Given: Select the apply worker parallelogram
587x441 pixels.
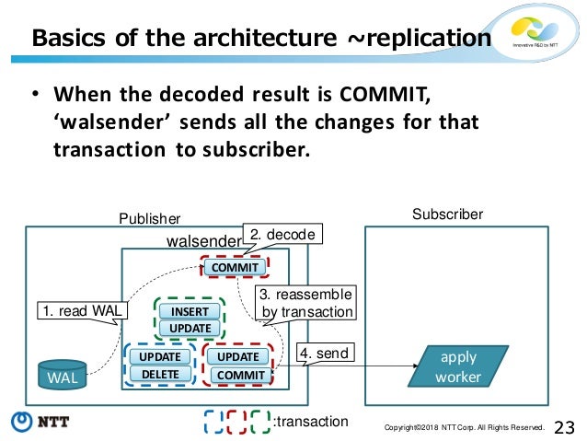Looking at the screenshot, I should click(458, 366).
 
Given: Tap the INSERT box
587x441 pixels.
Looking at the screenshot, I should click(190, 311).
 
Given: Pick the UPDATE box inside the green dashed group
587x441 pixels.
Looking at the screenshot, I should click(190, 328).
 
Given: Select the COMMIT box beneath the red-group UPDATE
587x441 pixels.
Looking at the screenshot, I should click(240, 375).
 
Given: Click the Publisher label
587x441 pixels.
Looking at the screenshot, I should click(150, 218).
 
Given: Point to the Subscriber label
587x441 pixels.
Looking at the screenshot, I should click(447, 214).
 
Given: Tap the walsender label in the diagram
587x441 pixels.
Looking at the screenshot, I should click(201, 241).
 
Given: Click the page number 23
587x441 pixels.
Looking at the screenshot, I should click(565, 426).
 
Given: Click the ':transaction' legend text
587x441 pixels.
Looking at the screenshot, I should click(311, 422).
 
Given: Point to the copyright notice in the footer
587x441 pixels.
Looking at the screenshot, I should click(465, 427).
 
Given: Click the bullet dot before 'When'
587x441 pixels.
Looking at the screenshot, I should click(35, 95).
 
